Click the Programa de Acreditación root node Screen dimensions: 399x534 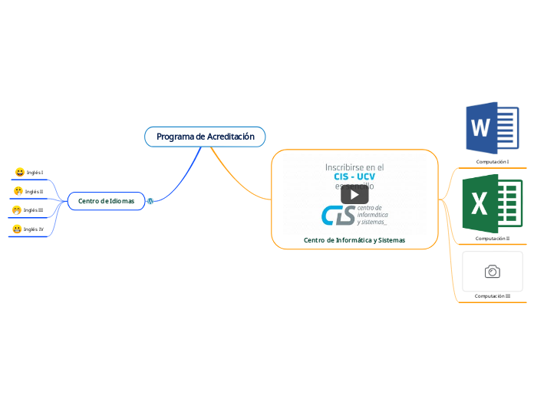click(x=205, y=137)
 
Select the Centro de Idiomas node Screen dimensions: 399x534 click(x=106, y=201)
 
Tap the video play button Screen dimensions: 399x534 click(x=354, y=194)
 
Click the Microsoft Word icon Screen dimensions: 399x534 click(x=492, y=127)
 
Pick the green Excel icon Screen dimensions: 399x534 click(x=492, y=203)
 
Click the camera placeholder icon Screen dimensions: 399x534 click(x=493, y=272)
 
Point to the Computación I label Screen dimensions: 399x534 click(x=493, y=162)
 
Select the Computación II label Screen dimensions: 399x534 click(x=493, y=239)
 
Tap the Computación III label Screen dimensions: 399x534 click(x=493, y=296)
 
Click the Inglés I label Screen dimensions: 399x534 click(x=35, y=173)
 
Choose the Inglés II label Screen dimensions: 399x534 click(x=34, y=192)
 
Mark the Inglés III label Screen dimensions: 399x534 click(x=33, y=210)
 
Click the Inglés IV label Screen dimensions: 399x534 click(x=34, y=229)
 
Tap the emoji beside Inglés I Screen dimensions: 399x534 click(x=20, y=173)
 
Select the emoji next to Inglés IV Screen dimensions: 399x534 click(x=17, y=229)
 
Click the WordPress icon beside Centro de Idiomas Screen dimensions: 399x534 click(x=150, y=201)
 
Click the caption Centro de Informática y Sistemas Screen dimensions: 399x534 click(x=354, y=240)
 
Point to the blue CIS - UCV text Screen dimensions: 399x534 click(x=354, y=176)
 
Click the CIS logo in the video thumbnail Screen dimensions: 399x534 click(x=338, y=216)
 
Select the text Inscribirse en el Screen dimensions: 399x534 click(x=354, y=167)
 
